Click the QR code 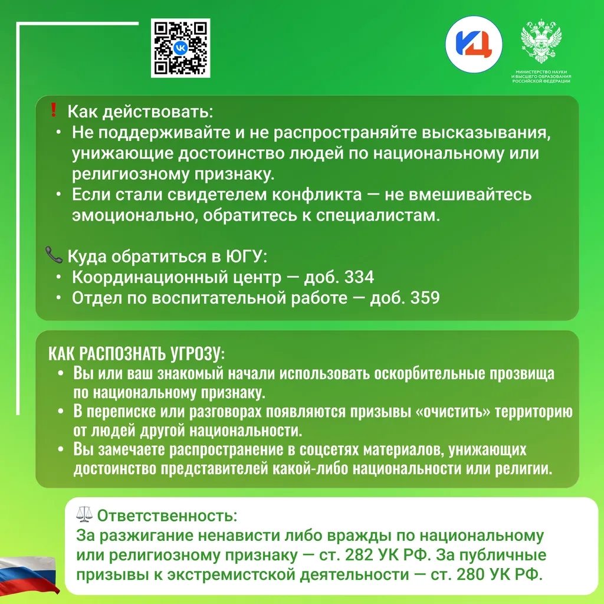[180, 48]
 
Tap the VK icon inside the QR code [180, 48]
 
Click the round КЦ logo [474, 44]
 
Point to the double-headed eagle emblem [541, 40]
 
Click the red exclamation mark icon [54, 110]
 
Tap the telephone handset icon [54, 255]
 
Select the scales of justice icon [84, 514]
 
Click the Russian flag [28, 574]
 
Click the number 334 [359, 277]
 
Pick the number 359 [425, 298]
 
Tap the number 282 [359, 555]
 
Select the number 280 [470, 575]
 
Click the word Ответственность [167, 516]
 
